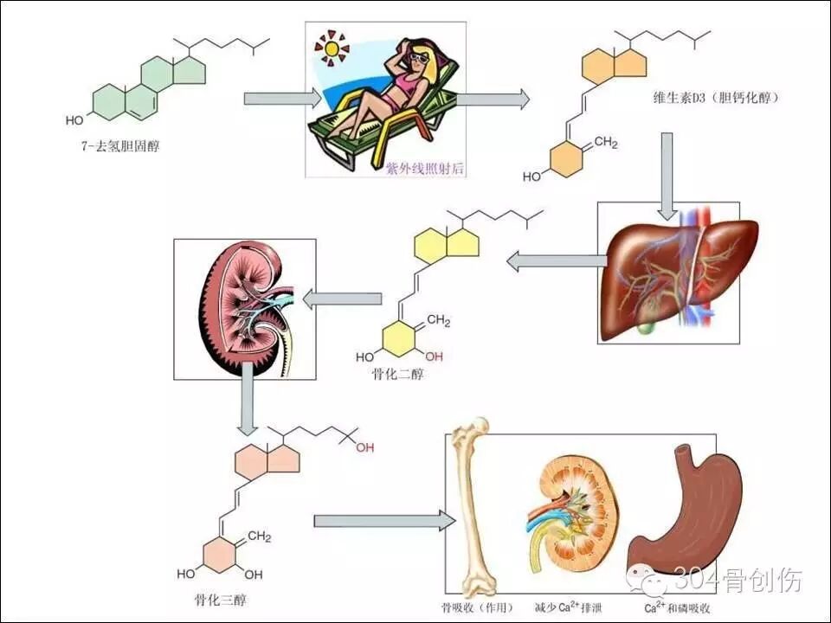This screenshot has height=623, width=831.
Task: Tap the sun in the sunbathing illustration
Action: click(x=330, y=48)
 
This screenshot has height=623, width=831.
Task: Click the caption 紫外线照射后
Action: click(x=425, y=170)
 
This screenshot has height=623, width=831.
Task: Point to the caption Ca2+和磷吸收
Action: click(x=680, y=607)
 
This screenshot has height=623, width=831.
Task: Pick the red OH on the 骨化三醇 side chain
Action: click(x=364, y=447)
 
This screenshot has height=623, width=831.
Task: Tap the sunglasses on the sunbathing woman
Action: click(x=420, y=58)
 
